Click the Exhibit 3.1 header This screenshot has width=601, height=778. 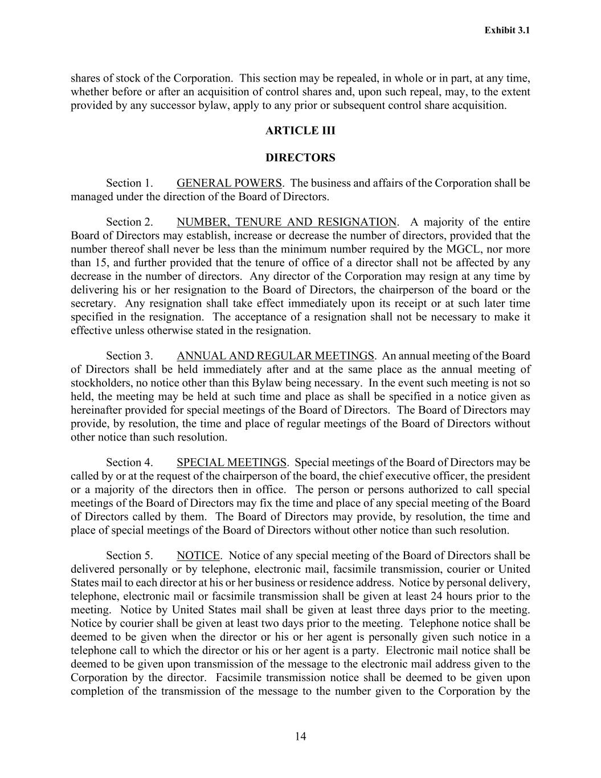(507, 30)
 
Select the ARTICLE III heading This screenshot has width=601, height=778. (300, 131)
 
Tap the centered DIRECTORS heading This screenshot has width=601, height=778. (300, 157)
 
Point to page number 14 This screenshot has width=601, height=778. (301, 736)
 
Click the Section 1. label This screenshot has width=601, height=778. (129, 183)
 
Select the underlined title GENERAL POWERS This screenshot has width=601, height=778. (229, 183)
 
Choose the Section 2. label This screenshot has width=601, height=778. (129, 222)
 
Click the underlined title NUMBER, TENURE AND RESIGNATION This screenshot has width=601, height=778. (287, 222)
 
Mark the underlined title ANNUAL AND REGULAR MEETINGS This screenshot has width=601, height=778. (275, 356)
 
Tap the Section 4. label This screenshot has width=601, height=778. (129, 462)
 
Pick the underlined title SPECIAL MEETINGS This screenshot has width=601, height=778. (231, 462)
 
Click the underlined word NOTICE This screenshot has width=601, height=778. (198, 555)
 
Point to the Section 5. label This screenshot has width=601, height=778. (129, 555)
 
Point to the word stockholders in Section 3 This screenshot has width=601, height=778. (100, 382)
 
